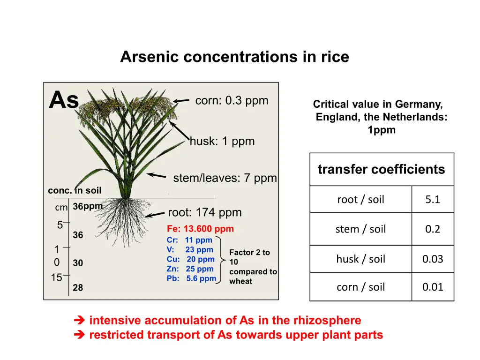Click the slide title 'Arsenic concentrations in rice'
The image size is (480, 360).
point(234,57)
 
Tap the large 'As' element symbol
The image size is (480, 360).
point(64,100)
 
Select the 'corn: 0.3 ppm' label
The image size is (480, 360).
point(232,100)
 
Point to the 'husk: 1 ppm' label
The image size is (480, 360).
point(222,141)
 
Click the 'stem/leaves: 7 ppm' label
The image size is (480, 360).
point(225,178)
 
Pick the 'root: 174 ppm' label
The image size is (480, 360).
point(205,212)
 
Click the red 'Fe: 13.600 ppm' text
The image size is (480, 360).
point(200,229)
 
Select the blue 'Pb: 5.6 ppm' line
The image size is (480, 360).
point(191,278)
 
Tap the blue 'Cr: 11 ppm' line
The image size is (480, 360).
point(189,240)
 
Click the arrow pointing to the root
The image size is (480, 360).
point(155,214)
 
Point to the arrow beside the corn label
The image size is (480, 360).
point(181,100)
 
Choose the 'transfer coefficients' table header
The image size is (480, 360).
point(382,169)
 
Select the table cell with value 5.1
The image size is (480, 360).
point(433,199)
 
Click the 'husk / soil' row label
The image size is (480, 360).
point(360,259)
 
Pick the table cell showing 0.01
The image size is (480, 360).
point(433,287)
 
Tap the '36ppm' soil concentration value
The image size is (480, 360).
point(88,207)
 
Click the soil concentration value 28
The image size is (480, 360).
point(78,287)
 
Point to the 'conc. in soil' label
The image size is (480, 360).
point(75,190)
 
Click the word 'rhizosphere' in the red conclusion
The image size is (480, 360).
point(327,321)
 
